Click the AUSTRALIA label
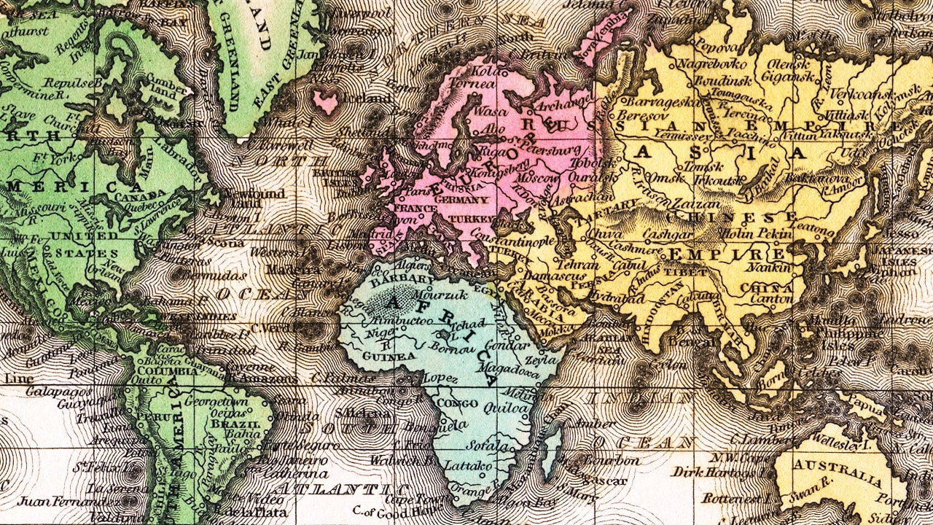[838, 471]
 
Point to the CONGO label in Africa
[456, 402]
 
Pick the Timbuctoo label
[397, 320]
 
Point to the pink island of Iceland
[325, 101]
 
